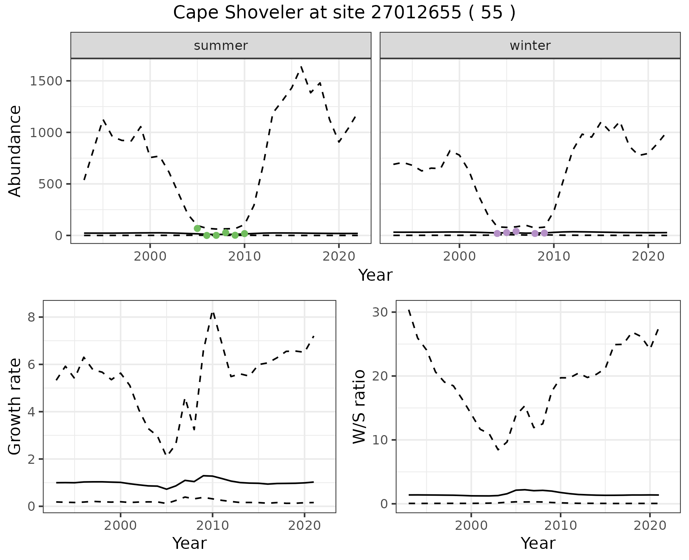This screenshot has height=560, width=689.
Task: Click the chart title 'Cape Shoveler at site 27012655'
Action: point(344,13)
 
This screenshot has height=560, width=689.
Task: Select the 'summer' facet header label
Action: point(221,46)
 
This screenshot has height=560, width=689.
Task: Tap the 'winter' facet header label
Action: point(530,46)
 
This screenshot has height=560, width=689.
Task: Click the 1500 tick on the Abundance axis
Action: point(46,81)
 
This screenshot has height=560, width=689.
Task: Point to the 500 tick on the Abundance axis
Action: point(51,184)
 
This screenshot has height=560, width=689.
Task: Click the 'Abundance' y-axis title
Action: point(15,151)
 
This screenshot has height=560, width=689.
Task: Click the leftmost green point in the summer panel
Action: point(197,228)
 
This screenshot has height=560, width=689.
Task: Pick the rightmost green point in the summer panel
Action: point(244,234)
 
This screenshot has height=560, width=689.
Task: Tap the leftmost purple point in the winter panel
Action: point(497,233)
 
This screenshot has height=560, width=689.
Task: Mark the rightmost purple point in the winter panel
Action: point(544,233)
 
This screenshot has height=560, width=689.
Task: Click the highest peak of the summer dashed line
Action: point(301,67)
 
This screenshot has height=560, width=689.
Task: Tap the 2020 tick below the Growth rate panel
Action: point(304,526)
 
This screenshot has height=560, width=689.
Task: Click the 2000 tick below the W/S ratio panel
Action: point(471,526)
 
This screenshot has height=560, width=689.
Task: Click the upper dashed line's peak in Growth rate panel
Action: point(212,313)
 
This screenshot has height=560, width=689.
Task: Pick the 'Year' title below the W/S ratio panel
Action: point(538,543)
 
